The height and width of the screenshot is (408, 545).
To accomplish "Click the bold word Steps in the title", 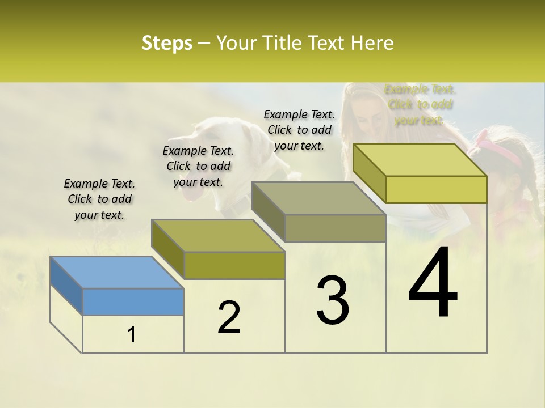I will [167, 43].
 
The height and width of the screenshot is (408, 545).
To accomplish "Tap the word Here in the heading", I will [373, 43].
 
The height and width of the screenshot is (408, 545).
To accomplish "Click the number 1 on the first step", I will [132, 335].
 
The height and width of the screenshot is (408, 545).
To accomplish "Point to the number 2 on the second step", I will [229, 317].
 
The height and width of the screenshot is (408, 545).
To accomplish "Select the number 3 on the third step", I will [333, 300].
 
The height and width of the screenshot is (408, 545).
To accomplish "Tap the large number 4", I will [433, 283].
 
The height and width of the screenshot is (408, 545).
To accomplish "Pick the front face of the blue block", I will [133, 301].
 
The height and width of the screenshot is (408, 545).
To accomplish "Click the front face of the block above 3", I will [335, 228].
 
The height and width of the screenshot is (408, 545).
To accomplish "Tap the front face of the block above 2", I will [234, 265].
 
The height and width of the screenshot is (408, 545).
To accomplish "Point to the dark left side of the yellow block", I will [369, 173].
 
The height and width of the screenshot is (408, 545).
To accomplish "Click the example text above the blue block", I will [99, 199].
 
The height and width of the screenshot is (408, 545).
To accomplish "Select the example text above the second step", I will [198, 166].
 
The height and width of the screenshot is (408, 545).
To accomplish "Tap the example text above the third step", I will [299, 130].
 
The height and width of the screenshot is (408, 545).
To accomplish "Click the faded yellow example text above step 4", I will [420, 104].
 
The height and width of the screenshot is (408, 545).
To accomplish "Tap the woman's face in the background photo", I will [369, 116].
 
